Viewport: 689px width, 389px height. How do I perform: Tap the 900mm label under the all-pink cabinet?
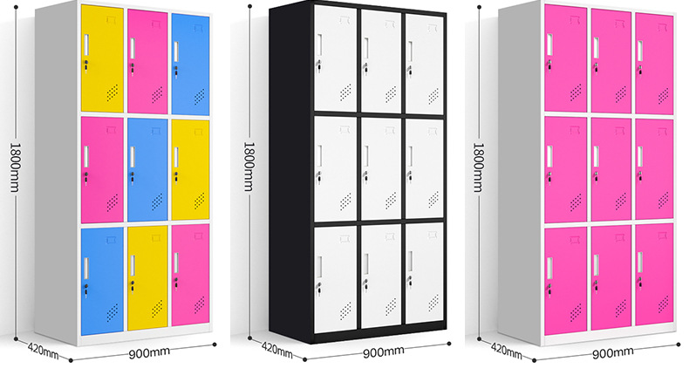tap(612, 352)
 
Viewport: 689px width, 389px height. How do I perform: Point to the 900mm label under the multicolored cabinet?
tap(148, 352)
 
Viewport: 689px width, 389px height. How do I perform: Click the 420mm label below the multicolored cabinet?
tap(40, 352)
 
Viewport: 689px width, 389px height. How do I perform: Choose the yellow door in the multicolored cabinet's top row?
tap(101, 58)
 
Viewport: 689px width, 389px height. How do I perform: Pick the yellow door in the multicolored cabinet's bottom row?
tap(147, 278)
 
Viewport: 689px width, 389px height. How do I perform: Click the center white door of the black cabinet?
tap(379, 168)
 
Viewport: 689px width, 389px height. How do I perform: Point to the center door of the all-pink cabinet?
tap(611, 168)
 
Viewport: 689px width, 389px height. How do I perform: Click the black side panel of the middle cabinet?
tap(282, 174)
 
